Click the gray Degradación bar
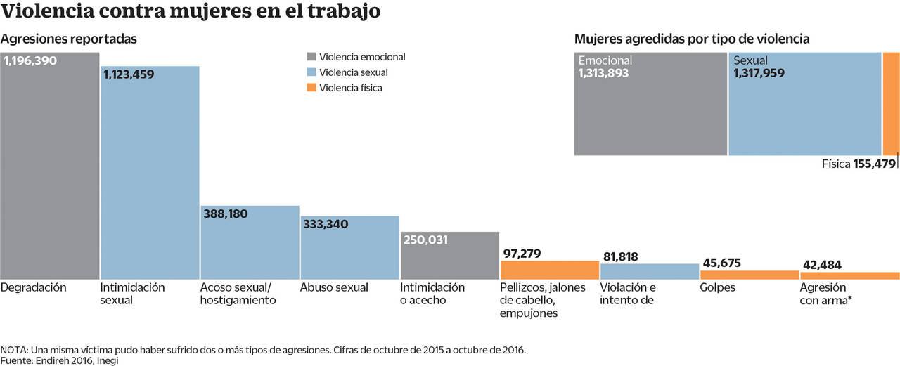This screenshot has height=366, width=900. pos(49,169)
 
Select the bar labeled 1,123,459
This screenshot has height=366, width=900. pos(150,176)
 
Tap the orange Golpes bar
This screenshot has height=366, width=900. pos(749,275)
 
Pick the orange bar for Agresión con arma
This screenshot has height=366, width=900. pos(849,275)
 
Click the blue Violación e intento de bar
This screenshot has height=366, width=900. pos(649,271)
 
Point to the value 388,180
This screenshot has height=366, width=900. pos(224,214)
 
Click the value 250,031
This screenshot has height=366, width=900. pos(425,240)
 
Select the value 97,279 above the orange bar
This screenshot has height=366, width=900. pos(523,253)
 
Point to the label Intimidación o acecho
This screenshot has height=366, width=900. pos(432,294)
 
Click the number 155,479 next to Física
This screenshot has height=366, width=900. pos(875,164)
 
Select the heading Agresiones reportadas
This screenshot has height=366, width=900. pos(68,39)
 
